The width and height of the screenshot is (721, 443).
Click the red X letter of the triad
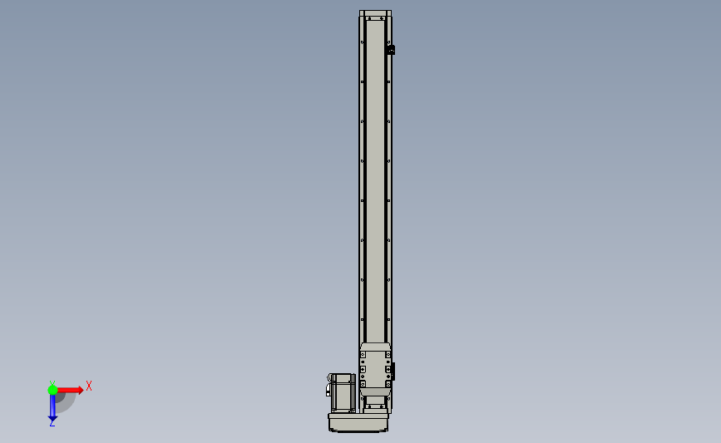pyautogui.click(x=89, y=386)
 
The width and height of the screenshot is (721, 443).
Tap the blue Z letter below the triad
pyautogui.click(x=52, y=423)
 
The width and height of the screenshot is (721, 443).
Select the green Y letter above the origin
pyautogui.click(x=52, y=383)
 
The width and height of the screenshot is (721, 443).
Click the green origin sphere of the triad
pyautogui.click(x=52, y=390)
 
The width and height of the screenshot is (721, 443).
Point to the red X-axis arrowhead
pyautogui.click(x=81, y=390)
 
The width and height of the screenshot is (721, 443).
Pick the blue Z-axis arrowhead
pyautogui.click(x=52, y=419)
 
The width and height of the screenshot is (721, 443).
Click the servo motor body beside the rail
pyautogui.click(x=343, y=393)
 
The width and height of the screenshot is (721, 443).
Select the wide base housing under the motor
pyautogui.click(x=358, y=422)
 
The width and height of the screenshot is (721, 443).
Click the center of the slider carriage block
pyautogui.click(x=376, y=370)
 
